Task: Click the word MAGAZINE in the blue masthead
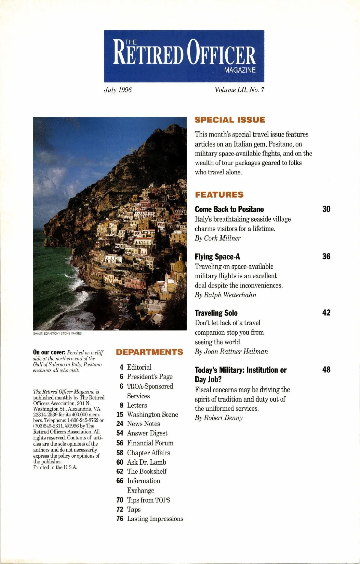(240, 70)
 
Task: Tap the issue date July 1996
(118, 90)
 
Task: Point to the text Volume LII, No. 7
(239, 90)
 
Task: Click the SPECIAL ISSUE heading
(230, 120)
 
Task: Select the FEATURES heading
(219, 195)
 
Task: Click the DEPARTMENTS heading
(149, 352)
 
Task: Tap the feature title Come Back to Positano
(229, 209)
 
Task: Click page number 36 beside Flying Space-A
(326, 256)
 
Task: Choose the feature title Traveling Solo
(216, 313)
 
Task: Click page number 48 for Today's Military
(326, 370)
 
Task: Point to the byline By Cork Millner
(217, 238)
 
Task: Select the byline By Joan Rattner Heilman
(231, 351)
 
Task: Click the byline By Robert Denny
(219, 418)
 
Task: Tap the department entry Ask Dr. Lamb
(146, 462)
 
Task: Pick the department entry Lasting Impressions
(155, 519)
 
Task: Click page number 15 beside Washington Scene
(120, 415)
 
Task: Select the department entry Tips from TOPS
(148, 500)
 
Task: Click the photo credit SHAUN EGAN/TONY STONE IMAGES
(57, 333)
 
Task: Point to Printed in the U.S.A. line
(55, 467)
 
